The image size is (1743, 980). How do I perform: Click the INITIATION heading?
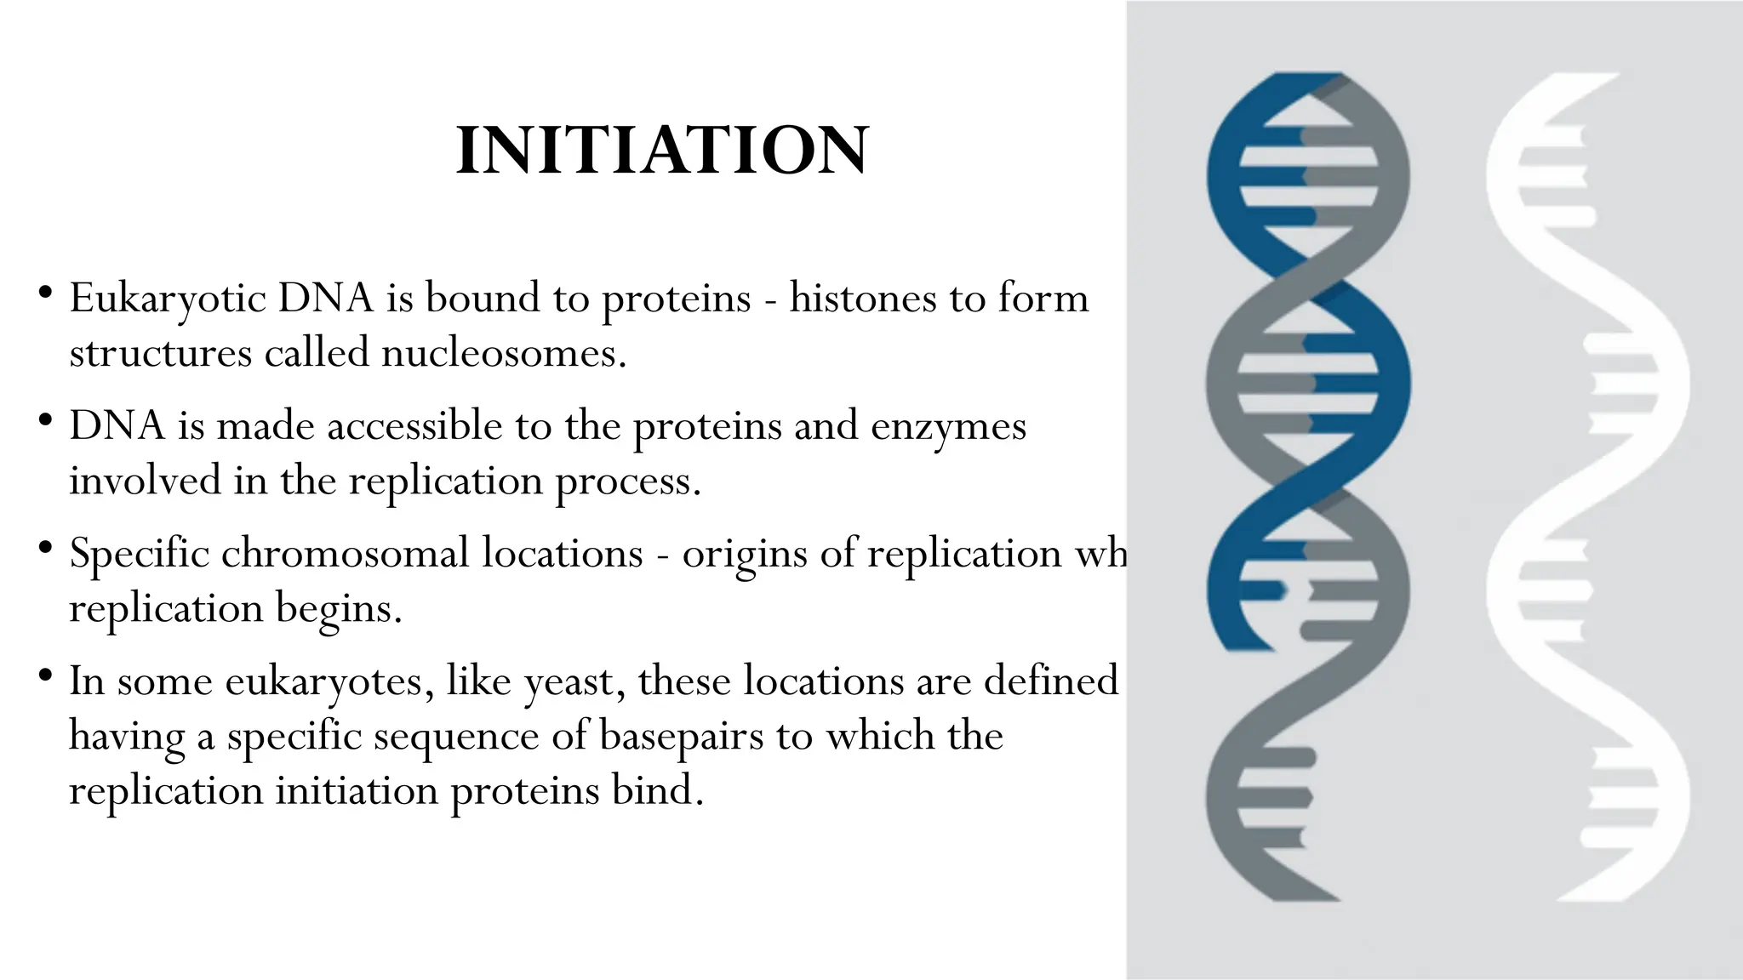(662, 151)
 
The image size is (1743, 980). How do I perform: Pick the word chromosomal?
(346, 553)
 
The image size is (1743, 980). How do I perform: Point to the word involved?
(146, 481)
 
